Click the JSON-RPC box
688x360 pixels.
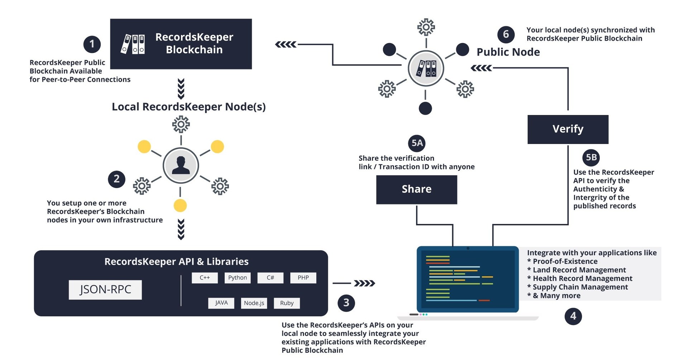tap(105, 289)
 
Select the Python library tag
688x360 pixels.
tap(237, 278)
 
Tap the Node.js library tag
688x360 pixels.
tap(254, 303)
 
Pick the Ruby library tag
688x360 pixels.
tap(287, 303)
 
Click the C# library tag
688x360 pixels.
tap(270, 278)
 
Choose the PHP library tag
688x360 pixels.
tap(303, 278)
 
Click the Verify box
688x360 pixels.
tap(568, 129)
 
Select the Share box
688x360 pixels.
tap(416, 189)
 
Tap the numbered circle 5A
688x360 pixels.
tap(417, 143)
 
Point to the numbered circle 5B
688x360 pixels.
tap(591, 157)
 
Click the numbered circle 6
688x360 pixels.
tap(506, 34)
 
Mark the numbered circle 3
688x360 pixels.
tap(346, 303)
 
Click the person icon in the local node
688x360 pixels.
tap(181, 165)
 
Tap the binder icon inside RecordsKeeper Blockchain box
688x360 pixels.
tap(133, 44)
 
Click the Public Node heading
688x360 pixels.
tap(508, 52)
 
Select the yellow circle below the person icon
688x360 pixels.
tap(180, 206)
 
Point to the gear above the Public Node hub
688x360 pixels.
tap(426, 27)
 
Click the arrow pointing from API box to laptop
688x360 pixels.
tap(364, 283)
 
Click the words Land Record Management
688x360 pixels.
tap(579, 270)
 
